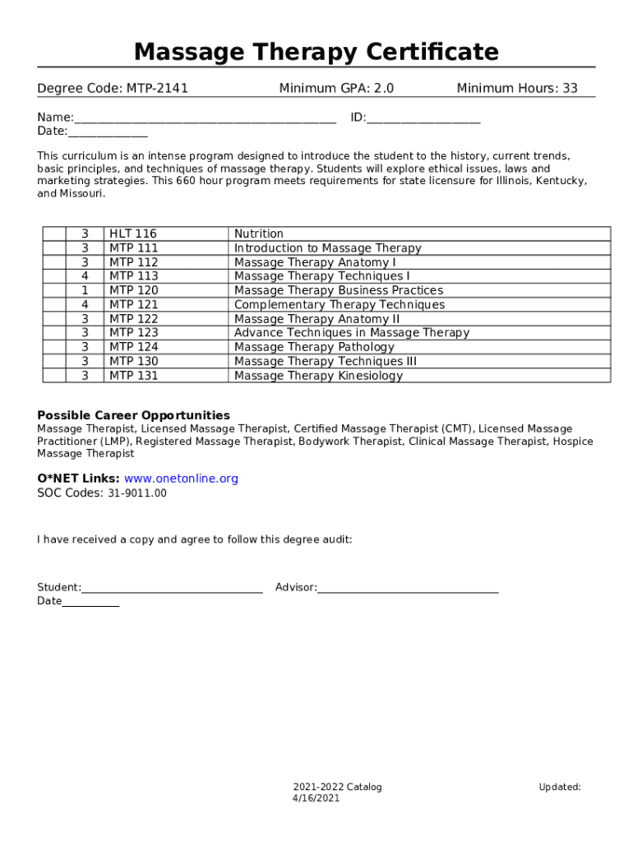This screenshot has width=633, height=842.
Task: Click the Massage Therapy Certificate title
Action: coord(316,52)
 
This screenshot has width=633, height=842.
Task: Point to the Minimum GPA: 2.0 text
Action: coord(336,88)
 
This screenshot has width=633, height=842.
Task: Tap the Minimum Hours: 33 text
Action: coord(517,88)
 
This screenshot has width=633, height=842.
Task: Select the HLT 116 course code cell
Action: coord(133,234)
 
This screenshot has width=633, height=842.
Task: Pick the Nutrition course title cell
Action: coord(259,234)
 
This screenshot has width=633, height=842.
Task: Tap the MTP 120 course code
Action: coord(133,290)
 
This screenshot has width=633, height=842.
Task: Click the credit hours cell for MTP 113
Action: coord(85,276)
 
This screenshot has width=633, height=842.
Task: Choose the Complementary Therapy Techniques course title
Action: coord(339,304)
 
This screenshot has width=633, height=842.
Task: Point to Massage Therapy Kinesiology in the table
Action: coord(318,376)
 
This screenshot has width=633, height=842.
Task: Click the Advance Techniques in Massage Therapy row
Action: coord(351,333)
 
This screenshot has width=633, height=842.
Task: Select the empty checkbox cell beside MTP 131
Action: coord(54,376)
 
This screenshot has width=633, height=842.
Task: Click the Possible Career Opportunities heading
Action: coord(133,415)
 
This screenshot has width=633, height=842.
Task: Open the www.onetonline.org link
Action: coord(181,479)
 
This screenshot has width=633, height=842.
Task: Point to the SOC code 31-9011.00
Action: coord(136,493)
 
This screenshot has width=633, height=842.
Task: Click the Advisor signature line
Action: coord(408,588)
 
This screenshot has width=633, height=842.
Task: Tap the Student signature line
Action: coord(172,588)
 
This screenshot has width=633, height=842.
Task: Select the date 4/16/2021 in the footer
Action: coord(316,798)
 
